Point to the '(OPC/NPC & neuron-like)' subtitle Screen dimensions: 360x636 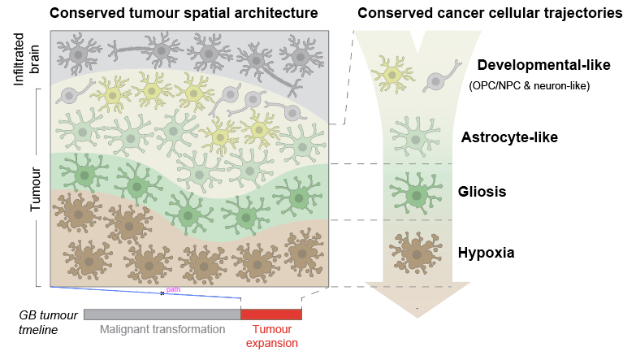[x=530, y=85]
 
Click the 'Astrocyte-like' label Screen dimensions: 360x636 [x=509, y=137]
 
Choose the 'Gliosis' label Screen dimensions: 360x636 [x=483, y=193]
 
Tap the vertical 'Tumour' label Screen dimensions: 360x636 [x=35, y=190]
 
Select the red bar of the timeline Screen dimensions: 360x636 [x=271, y=314]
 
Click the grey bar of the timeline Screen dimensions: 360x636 [x=162, y=314]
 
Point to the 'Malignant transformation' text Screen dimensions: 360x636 [x=162, y=330]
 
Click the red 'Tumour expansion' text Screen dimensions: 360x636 [x=272, y=336]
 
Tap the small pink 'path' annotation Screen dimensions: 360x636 [x=172, y=288]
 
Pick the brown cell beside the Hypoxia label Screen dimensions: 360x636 [x=415, y=254]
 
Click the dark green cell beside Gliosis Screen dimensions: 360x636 [x=416, y=193]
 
